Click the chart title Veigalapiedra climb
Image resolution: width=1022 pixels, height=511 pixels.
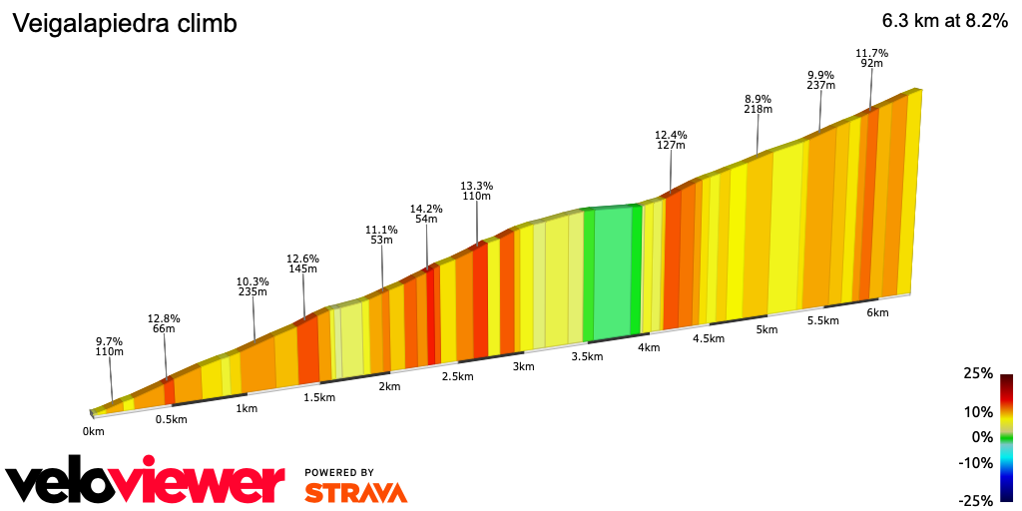pyautogui.click(x=124, y=24)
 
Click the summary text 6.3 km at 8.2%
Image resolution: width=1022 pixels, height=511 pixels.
pyautogui.click(x=944, y=21)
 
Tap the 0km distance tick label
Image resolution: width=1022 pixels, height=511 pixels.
pyautogui.click(x=93, y=432)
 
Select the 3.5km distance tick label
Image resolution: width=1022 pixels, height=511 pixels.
pyautogui.click(x=587, y=357)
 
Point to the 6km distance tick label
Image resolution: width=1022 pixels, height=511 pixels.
pyautogui.click(x=877, y=312)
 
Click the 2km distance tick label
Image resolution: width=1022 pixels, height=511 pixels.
pyautogui.click(x=389, y=387)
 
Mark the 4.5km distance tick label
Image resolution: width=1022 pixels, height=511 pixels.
pyautogui.click(x=708, y=338)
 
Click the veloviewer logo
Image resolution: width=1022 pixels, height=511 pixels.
pyautogui.click(x=146, y=482)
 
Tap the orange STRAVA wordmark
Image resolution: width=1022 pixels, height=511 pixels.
pyautogui.click(x=355, y=492)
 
